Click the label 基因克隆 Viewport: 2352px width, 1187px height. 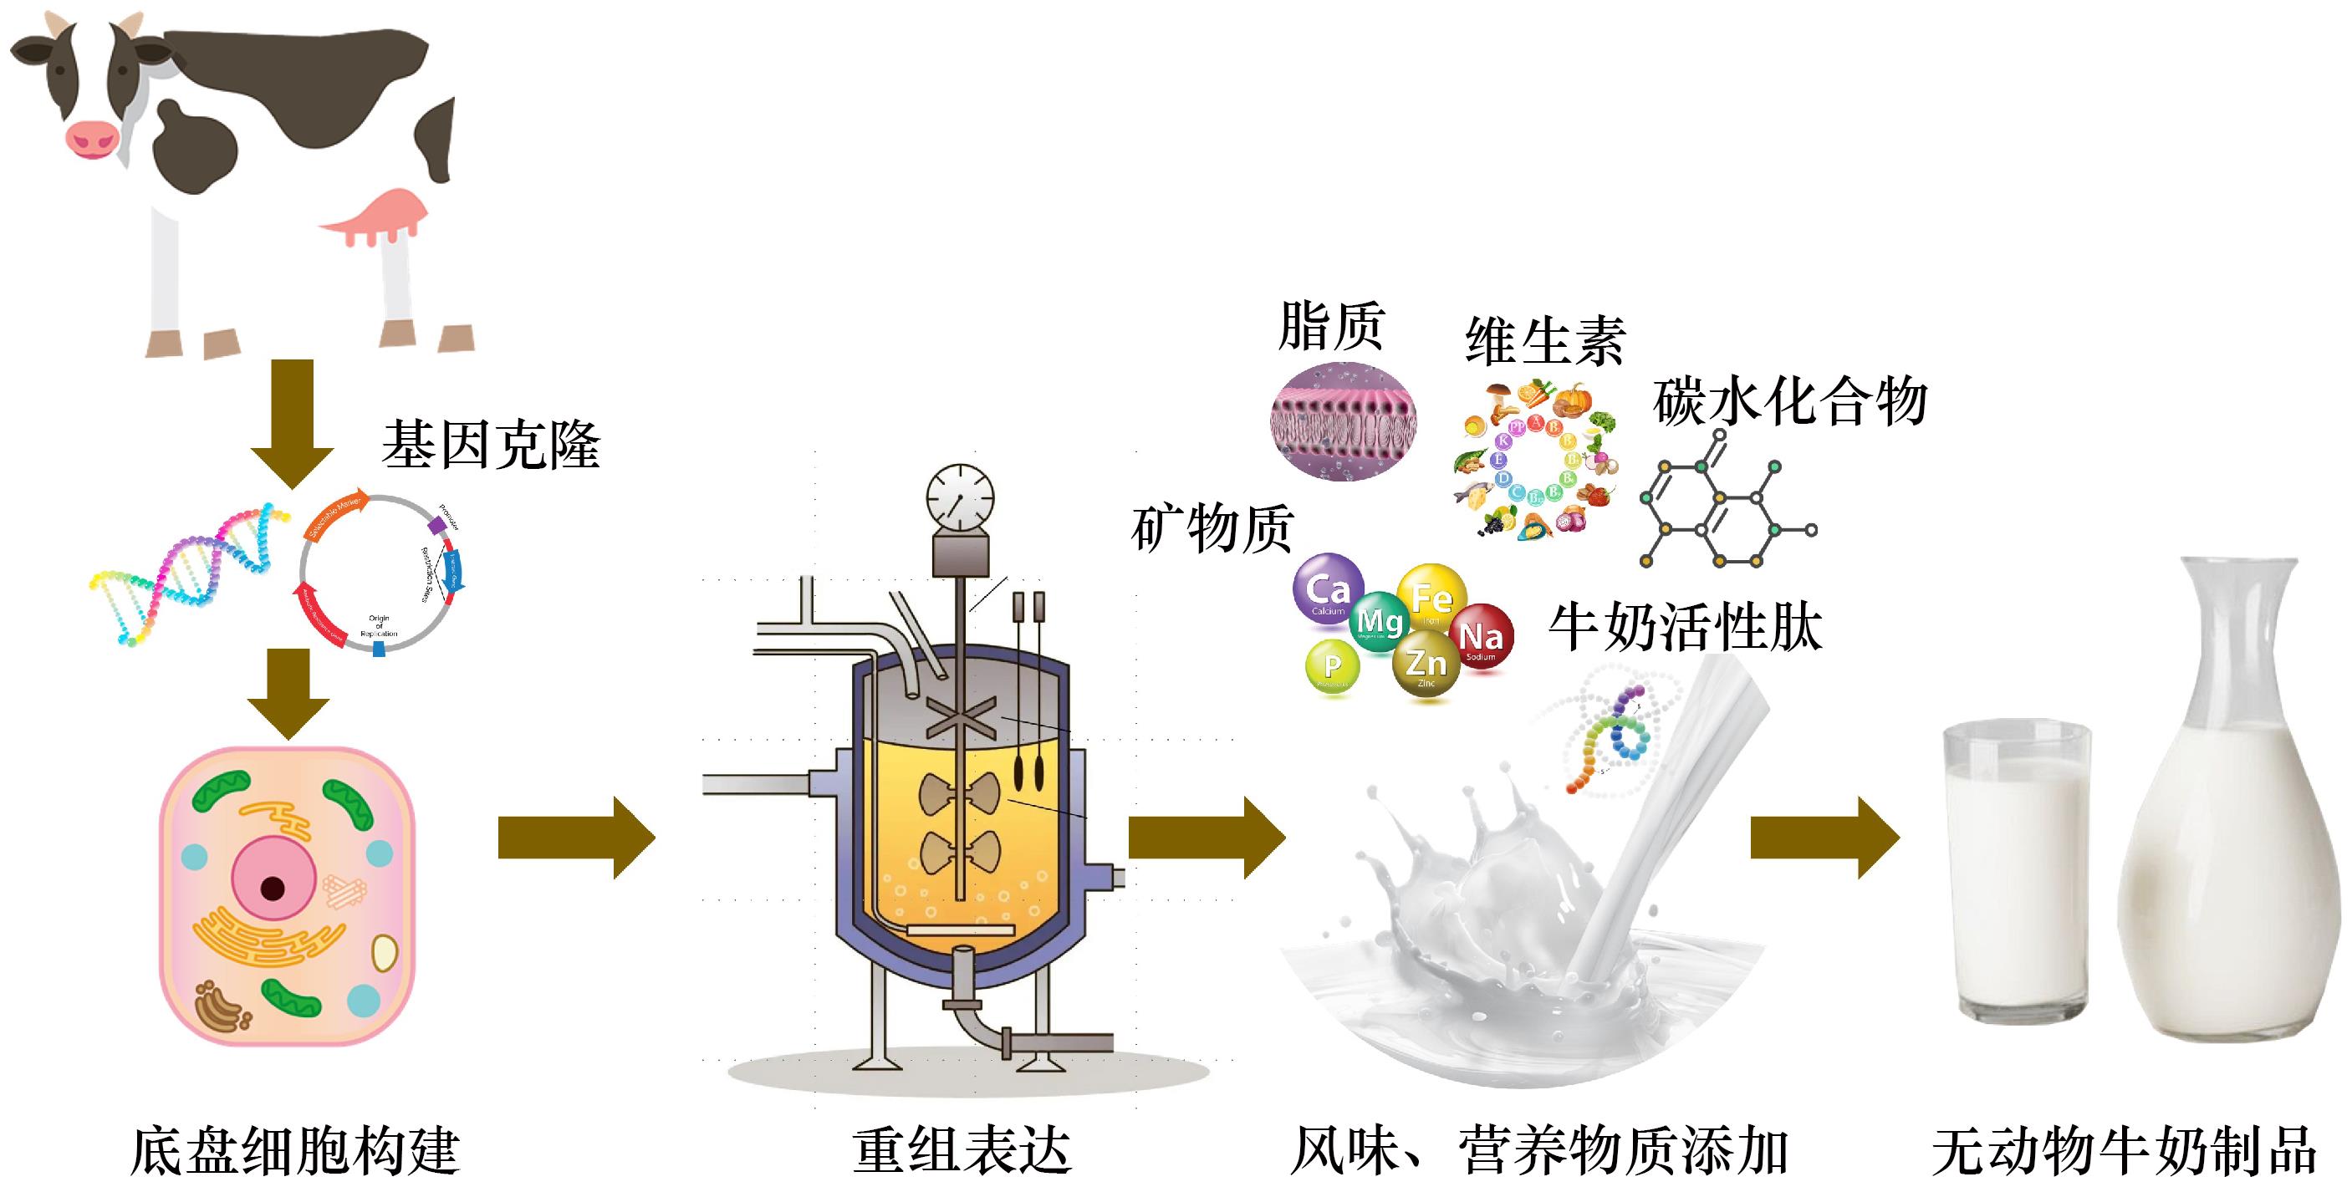coord(491,446)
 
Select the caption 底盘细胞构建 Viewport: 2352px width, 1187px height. coord(294,1150)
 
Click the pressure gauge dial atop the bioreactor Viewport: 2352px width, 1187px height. coord(960,498)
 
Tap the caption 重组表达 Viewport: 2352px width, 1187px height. coord(961,1150)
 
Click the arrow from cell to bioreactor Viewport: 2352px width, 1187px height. coord(576,838)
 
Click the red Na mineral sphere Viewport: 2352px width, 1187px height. coord(1480,637)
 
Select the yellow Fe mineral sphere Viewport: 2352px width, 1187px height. coord(1431,598)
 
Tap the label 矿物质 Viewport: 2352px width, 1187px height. coord(1212,528)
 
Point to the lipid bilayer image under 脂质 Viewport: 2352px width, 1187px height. coord(1343,419)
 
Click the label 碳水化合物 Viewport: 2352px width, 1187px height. coord(1789,402)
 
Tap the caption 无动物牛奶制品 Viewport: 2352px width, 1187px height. coord(2124,1150)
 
